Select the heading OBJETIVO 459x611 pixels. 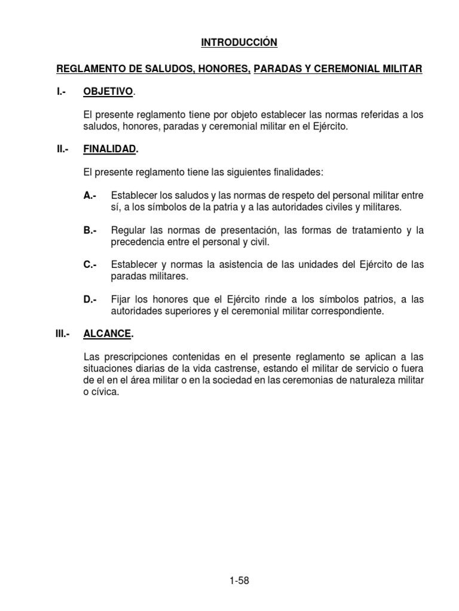(x=109, y=91)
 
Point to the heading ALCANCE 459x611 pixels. (x=107, y=334)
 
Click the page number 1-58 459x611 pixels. (x=238, y=581)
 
